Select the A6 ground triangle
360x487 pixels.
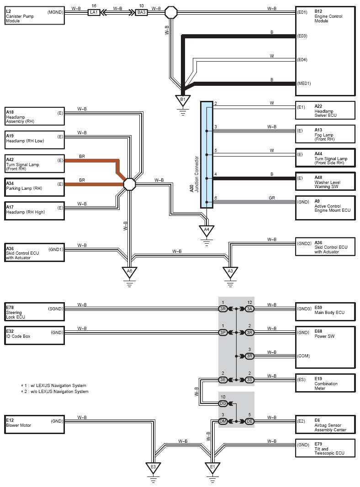tap(130, 272)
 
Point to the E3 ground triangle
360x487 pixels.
tap(154, 467)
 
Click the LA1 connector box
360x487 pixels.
tap(94, 12)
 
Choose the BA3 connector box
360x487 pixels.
tap(142, 12)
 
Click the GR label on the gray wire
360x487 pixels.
tap(271, 198)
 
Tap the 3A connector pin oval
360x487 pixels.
tap(249, 309)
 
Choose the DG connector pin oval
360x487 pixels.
tap(223, 403)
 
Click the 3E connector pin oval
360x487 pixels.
tap(223, 380)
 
